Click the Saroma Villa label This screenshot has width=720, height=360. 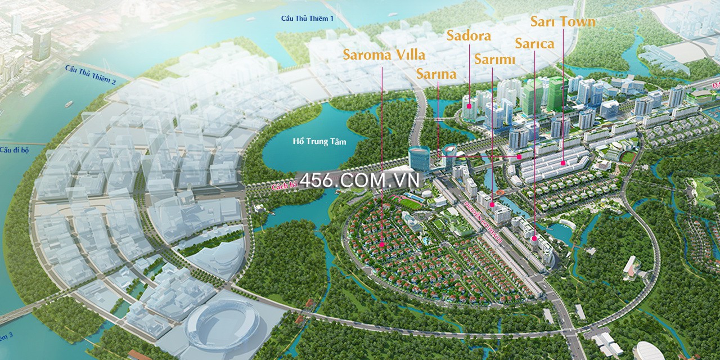tap(384, 55)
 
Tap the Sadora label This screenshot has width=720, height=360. tap(469, 36)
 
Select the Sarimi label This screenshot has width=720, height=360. tap(494, 59)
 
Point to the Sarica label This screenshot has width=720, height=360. tap(534, 44)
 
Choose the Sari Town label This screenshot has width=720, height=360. tap(562, 22)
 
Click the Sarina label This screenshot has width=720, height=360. tap(436, 74)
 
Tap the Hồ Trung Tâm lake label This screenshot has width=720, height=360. tap(319, 142)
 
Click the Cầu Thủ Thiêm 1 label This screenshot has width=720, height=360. tap(308, 19)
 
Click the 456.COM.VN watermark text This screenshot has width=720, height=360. tap(360, 181)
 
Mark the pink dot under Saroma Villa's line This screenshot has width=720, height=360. tap(382, 245)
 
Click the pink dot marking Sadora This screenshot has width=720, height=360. tap(469, 106)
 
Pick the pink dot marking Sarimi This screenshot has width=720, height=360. tap(492, 205)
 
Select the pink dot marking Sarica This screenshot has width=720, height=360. tap(534, 238)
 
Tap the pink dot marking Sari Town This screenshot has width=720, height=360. tap(562, 163)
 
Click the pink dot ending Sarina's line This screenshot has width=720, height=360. tap(519, 156)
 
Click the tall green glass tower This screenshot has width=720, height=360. tap(556, 96)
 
